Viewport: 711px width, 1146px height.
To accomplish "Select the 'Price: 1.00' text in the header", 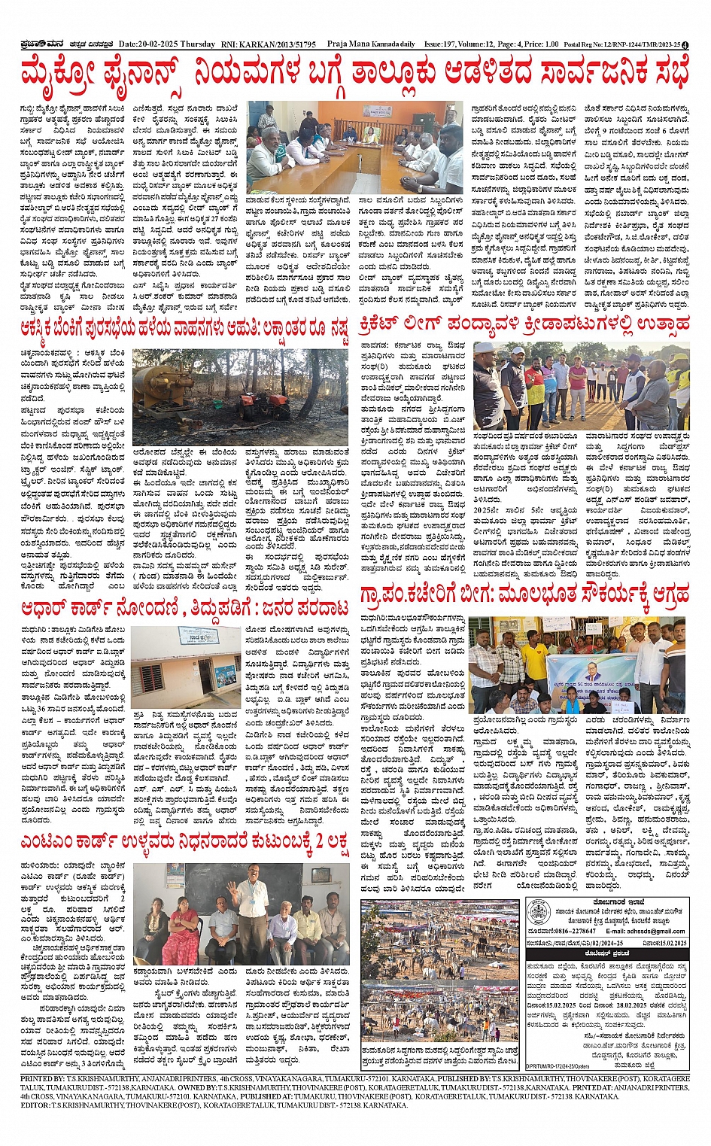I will click(x=541, y=44).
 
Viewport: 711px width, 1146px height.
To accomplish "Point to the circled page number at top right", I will click(x=694, y=44).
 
